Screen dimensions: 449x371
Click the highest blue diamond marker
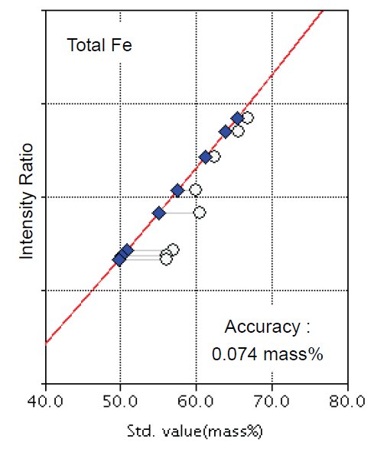[238, 118]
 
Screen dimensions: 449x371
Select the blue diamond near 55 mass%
[159, 213]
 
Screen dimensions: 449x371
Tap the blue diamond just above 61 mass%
[205, 157]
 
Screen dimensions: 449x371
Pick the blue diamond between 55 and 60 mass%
[177, 190]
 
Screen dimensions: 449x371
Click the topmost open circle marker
[247, 118]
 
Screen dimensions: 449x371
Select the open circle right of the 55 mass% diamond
[199, 212]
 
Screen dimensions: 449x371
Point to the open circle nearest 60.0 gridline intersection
[195, 190]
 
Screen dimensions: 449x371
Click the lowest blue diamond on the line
[119, 260]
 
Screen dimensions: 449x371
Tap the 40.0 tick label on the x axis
[45, 402]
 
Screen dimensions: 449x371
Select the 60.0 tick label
[197, 402]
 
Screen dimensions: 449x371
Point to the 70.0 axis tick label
[272, 402]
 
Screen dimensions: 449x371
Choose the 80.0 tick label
[348, 402]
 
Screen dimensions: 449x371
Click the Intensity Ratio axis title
[28, 199]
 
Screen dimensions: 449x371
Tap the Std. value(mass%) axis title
[197, 433]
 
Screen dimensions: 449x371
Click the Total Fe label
[99, 45]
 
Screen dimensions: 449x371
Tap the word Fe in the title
[122, 45]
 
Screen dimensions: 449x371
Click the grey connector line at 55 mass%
[179, 213]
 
